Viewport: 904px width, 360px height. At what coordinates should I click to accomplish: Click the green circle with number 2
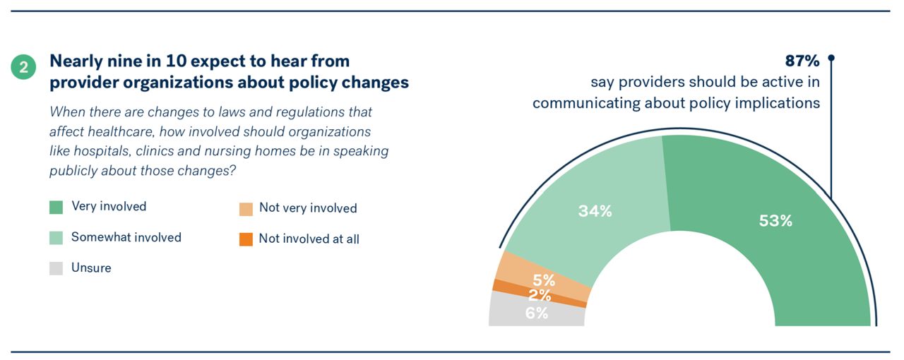[x=23, y=67]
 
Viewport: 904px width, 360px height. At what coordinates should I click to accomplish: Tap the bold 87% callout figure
[x=802, y=61]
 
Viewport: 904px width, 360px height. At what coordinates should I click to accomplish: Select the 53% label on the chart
[x=775, y=221]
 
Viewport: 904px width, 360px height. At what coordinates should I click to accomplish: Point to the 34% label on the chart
[x=595, y=210]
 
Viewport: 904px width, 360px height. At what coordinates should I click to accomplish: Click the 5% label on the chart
[x=544, y=280]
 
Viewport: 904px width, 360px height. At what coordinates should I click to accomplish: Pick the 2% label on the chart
[x=540, y=296]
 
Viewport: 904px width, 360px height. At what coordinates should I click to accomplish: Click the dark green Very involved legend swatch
[x=56, y=207]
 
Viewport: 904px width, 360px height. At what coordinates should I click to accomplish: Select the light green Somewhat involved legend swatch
[x=56, y=238]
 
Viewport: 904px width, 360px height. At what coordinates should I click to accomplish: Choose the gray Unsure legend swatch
[x=56, y=268]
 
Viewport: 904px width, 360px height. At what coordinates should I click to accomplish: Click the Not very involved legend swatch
[x=246, y=209]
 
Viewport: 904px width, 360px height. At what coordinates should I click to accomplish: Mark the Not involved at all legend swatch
[x=246, y=239]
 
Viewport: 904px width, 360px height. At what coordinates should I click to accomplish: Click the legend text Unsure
[x=91, y=268]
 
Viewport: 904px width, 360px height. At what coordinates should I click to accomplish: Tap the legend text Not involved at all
[x=309, y=239]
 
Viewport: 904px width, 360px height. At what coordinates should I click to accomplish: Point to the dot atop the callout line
[x=831, y=58]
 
